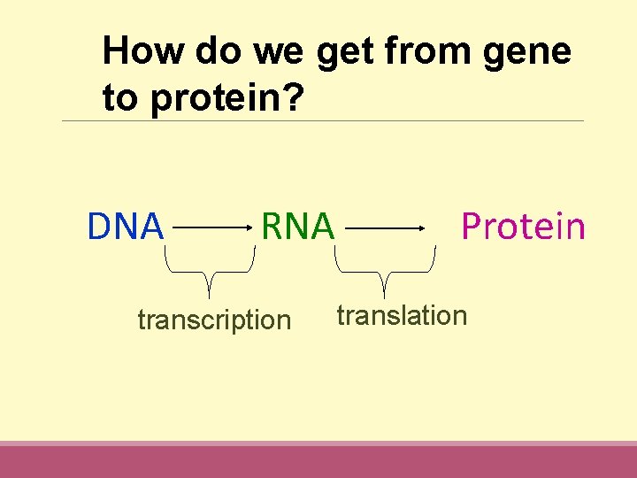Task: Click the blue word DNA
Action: [126, 227]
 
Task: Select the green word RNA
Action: [297, 227]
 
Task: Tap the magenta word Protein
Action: [523, 227]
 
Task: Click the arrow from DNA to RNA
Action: [212, 228]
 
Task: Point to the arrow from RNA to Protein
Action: [385, 228]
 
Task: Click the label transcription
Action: [214, 320]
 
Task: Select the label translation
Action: [402, 315]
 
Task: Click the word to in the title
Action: [121, 98]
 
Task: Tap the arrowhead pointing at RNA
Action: [249, 228]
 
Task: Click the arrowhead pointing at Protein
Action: [422, 228]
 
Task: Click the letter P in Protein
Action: [472, 227]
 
